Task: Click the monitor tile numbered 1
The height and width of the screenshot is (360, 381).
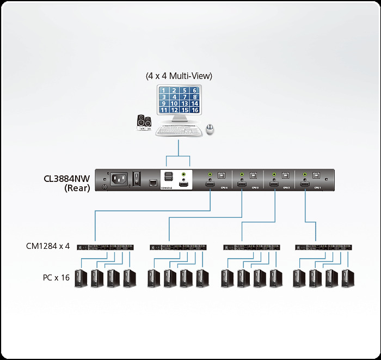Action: pos(164,90)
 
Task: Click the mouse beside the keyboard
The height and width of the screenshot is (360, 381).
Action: pos(210,129)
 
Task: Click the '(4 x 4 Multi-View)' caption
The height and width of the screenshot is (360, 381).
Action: pos(179,76)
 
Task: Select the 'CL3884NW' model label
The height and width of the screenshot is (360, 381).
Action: pos(67,178)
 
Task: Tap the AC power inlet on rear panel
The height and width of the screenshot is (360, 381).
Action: pos(119,179)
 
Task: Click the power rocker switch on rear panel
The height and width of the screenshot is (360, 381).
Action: pos(138,178)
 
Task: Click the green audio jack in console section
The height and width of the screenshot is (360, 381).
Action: pos(184,176)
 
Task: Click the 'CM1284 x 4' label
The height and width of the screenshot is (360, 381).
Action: pos(48,246)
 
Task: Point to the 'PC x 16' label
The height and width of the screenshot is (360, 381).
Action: pos(56,277)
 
